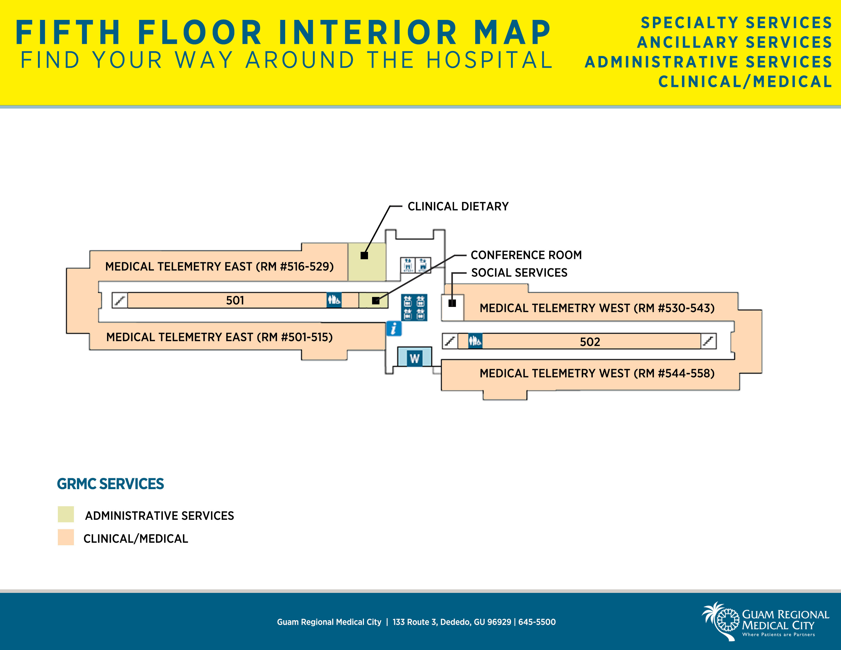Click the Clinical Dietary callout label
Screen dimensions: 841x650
click(x=458, y=206)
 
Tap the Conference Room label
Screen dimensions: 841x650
click(x=526, y=255)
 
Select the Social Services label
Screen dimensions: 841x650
click(x=519, y=273)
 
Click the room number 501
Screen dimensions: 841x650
click(x=235, y=300)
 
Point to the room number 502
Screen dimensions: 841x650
click(x=590, y=342)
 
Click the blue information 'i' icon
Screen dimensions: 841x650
click(x=393, y=329)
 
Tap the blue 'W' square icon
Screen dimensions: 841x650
click(x=415, y=358)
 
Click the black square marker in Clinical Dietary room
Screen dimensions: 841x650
click(x=364, y=255)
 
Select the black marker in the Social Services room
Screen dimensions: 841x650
click(x=452, y=303)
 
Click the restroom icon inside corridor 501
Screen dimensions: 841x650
click(x=334, y=300)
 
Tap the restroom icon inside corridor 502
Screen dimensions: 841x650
click(x=475, y=341)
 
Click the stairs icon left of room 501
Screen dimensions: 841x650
click(x=120, y=300)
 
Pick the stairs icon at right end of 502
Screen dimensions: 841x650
click(x=708, y=341)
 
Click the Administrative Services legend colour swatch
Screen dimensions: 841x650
click(x=66, y=514)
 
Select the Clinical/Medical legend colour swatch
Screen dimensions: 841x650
click(x=66, y=537)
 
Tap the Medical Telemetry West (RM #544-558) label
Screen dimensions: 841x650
click(x=597, y=373)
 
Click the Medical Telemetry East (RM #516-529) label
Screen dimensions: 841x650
click(x=219, y=266)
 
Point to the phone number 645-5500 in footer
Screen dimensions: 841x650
click(x=537, y=622)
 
